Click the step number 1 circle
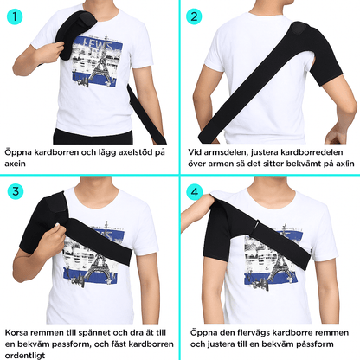coord(15,16)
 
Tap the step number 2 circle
coord(194,16)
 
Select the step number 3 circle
coord(16,191)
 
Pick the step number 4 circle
coord(195,192)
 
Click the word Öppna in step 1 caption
coord(18,152)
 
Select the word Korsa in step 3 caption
coord(16,332)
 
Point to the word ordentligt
coord(25,356)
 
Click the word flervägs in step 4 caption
coord(254,333)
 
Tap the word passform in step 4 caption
coord(316,344)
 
